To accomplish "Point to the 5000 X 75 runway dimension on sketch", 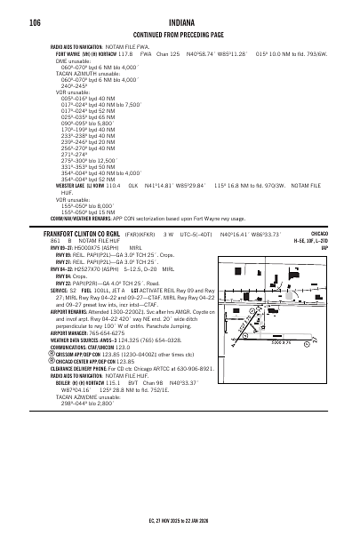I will pos(306,340).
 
